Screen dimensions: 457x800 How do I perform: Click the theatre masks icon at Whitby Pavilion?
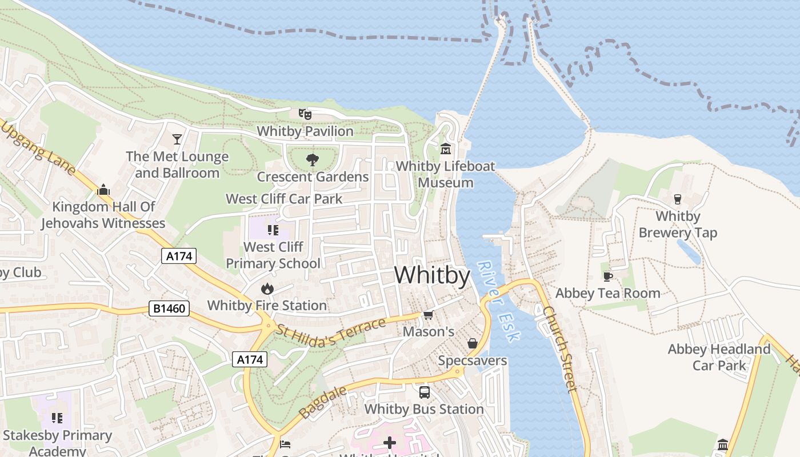pyautogui.click(x=305, y=114)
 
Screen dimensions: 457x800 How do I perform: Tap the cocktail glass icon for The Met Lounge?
pyautogui.click(x=177, y=139)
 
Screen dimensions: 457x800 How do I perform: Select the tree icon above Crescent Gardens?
pyautogui.click(x=312, y=160)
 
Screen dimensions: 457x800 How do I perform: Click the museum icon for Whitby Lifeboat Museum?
pyautogui.click(x=446, y=149)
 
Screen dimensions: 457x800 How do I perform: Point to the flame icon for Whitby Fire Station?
pyautogui.click(x=267, y=289)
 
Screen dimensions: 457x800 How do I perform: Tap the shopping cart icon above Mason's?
pyautogui.click(x=429, y=315)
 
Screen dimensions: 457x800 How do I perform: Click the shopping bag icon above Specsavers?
pyautogui.click(x=473, y=343)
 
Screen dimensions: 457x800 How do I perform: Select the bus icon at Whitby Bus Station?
pyautogui.click(x=424, y=392)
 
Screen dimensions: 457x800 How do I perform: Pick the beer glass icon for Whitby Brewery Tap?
pyautogui.click(x=678, y=199)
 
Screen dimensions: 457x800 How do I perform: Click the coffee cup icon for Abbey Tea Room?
pyautogui.click(x=608, y=276)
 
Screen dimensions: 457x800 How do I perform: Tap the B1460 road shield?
pyautogui.click(x=169, y=308)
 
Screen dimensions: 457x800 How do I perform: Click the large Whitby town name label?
pyautogui.click(x=432, y=275)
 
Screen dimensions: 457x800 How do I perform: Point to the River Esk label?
pyautogui.click(x=498, y=302)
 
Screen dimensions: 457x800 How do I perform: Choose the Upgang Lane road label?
pyautogui.click(x=38, y=149)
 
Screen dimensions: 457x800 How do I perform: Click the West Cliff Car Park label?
pyautogui.click(x=284, y=199)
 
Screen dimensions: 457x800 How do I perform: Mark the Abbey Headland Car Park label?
pyautogui.click(x=719, y=357)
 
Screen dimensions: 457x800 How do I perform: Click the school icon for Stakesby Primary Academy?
pyautogui.click(x=57, y=418)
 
